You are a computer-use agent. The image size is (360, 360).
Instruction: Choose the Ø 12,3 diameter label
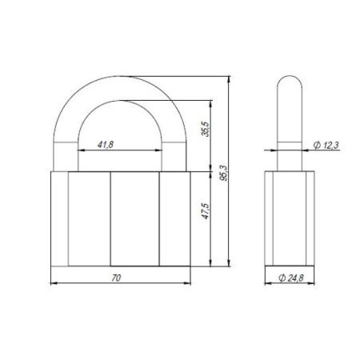click(323, 144)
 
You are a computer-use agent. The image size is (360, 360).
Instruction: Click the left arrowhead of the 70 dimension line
click(54, 282)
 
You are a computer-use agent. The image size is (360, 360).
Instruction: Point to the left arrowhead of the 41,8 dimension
click(81, 150)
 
